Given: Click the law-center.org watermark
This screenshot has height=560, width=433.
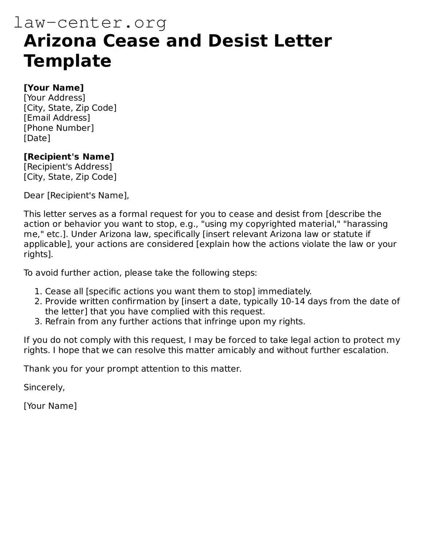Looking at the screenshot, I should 90,23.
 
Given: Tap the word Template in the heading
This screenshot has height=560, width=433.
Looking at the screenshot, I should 67,61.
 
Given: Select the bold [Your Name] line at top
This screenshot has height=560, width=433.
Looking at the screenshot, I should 54,88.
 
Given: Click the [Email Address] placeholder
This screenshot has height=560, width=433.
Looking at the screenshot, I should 57,118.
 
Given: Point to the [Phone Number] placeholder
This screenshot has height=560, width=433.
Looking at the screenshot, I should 59,128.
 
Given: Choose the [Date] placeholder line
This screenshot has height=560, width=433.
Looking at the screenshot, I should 37,138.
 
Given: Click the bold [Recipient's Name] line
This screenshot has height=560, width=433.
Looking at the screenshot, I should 69,157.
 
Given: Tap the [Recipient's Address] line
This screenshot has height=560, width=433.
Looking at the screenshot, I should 68,166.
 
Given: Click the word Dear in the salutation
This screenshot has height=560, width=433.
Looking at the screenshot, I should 34,196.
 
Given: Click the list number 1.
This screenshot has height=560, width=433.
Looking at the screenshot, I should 37,291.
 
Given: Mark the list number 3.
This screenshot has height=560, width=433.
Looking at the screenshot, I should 37,321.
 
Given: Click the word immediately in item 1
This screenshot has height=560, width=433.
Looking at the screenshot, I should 284,291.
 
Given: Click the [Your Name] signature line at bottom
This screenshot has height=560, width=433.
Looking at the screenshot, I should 50,406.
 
